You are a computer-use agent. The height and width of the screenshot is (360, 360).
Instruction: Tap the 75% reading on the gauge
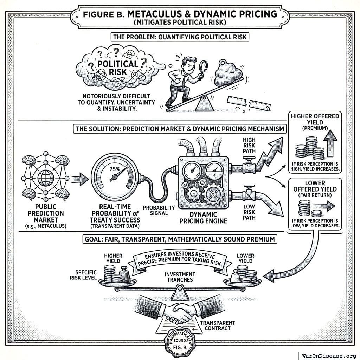(x=115, y=169)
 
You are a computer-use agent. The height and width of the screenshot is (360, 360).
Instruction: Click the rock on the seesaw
(x=228, y=73)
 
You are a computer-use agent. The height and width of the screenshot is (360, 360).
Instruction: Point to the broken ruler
(x=249, y=103)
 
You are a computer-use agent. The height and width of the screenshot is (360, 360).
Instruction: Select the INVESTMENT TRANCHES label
(x=180, y=277)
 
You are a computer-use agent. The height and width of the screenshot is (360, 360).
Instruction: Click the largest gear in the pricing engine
(x=213, y=193)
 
